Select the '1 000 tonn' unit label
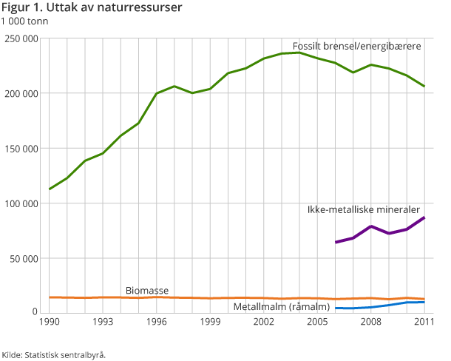pyautogui.click(x=25, y=21)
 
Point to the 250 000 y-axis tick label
pyautogui.click(x=21, y=38)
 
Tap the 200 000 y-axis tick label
pyautogui.click(x=21, y=93)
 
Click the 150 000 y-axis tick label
pyautogui.click(x=21, y=149)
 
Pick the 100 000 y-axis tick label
pyautogui.click(x=21, y=203)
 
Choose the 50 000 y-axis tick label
pyautogui.click(x=24, y=259)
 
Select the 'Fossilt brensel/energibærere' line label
pyautogui.click(x=356, y=46)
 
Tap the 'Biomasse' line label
pyautogui.click(x=145, y=289)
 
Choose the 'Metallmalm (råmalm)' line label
pyautogui.click(x=281, y=306)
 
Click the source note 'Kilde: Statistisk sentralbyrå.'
pyautogui.click(x=54, y=354)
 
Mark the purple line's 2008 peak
pyautogui.click(x=371, y=226)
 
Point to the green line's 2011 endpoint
pyautogui.click(x=424, y=87)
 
